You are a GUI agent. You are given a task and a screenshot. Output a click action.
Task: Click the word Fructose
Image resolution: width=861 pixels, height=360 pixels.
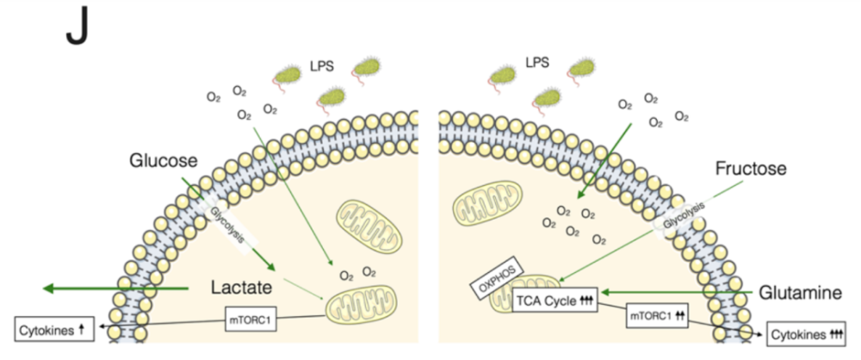[751, 169]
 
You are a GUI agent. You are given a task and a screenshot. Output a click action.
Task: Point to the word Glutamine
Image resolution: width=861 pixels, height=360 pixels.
[800, 294]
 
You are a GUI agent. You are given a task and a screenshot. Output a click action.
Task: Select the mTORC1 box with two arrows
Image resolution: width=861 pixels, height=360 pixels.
[655, 314]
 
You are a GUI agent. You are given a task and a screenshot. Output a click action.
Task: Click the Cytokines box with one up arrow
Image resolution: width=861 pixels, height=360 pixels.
[53, 328]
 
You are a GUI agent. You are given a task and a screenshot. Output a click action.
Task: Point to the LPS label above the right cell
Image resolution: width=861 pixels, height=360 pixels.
[537, 63]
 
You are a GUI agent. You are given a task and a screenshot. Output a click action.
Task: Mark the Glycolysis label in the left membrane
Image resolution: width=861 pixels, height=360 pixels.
[226, 225]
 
